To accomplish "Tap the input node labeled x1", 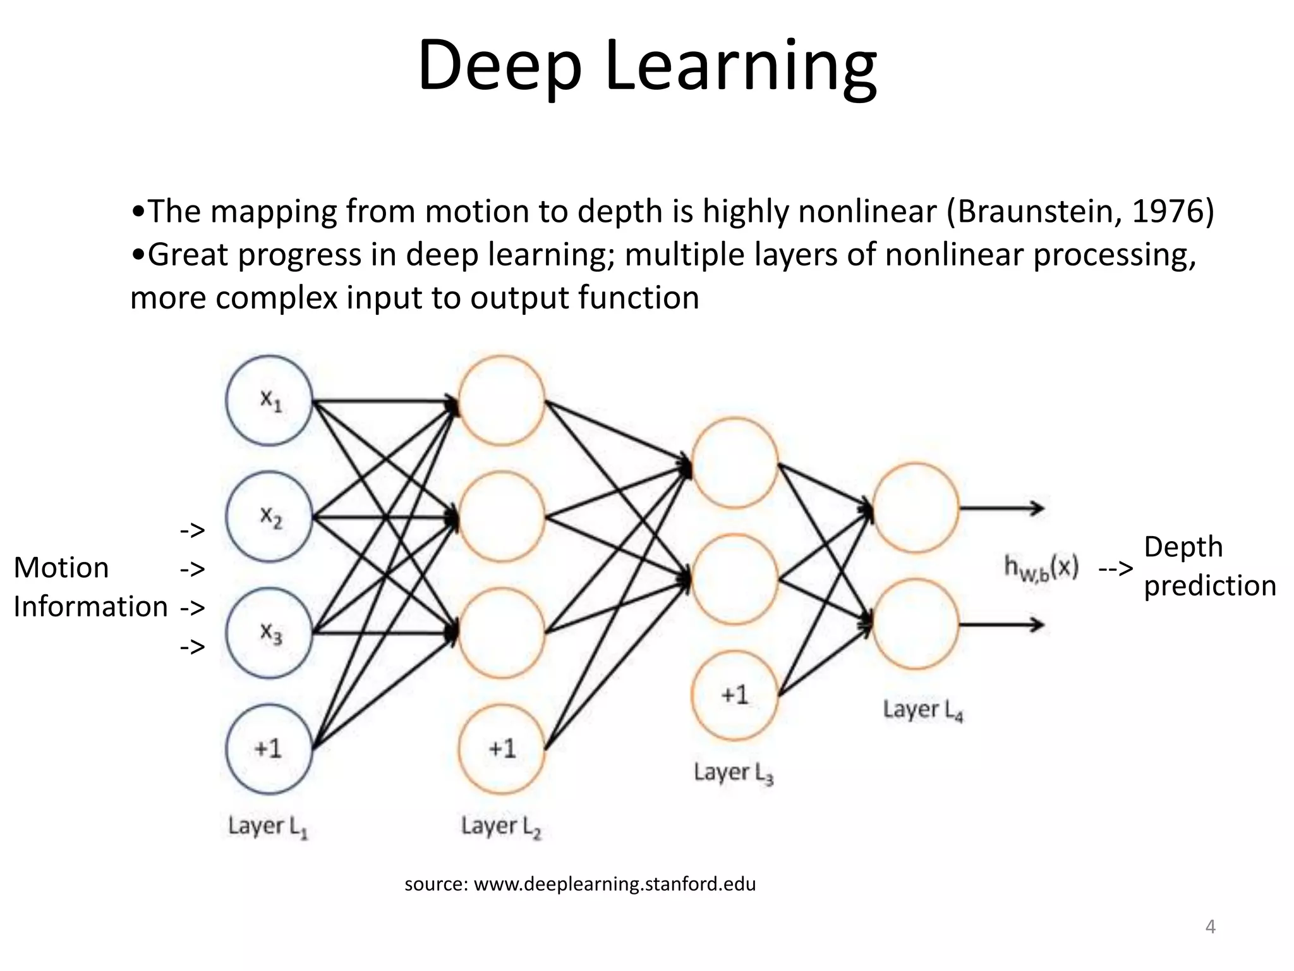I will coord(269,401).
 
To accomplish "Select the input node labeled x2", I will coord(269,517).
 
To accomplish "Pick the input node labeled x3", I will coord(269,633).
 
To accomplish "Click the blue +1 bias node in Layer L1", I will coord(269,749).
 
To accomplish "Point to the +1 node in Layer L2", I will coord(502,749).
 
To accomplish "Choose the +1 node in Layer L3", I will coord(734,695).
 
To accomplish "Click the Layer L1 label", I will coord(268,826).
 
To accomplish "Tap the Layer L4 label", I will coord(922,710).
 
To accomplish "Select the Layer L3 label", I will coord(733,773).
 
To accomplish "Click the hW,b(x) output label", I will coord(1041,568).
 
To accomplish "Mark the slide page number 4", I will coord(1210,927).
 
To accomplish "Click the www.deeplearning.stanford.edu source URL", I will coord(614,884).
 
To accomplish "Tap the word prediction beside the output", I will coord(1209,585).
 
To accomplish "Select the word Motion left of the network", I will coord(61,567).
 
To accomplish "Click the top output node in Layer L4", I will coord(916,508).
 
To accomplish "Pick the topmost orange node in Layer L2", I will coord(502,401).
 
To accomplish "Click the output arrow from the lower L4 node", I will coord(1001,625).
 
